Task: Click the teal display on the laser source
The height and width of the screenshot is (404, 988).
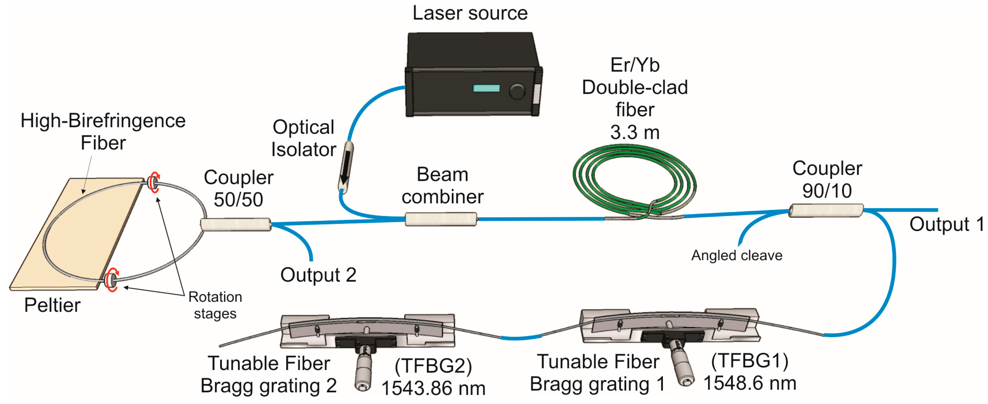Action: (x=486, y=89)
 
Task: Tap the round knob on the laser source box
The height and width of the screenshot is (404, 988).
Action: (x=517, y=91)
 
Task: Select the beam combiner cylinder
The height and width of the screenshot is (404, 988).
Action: (x=441, y=219)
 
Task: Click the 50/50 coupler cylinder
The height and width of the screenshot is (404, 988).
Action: (x=235, y=224)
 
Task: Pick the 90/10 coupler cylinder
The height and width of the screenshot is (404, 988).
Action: (x=826, y=211)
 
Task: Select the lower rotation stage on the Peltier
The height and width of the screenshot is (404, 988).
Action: (x=112, y=280)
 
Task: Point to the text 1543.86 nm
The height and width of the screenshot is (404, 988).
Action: (x=433, y=388)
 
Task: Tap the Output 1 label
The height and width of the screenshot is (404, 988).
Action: (x=946, y=224)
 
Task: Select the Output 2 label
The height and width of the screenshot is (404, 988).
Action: (x=318, y=275)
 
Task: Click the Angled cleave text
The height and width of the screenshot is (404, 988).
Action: (x=736, y=256)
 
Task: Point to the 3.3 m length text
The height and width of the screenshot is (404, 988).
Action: (x=634, y=133)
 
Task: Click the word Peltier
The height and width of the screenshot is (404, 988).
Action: (x=52, y=305)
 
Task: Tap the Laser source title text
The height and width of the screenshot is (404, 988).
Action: (x=470, y=13)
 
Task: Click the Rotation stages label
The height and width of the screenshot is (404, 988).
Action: (x=215, y=305)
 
